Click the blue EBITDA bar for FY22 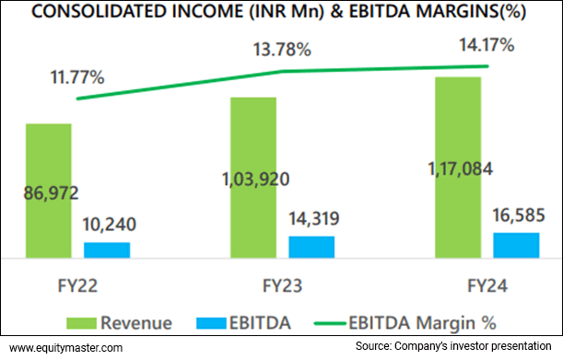[x=107, y=250]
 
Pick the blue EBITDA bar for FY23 [x=311, y=247]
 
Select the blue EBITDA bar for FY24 [x=516, y=245]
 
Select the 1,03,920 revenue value [x=254, y=178]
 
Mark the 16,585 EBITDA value [x=516, y=217]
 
